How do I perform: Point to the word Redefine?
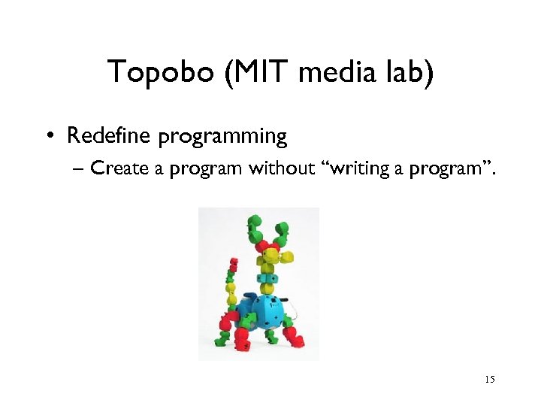coord(108,136)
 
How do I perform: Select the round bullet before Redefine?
coord(49,138)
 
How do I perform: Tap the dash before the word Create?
coord(80,169)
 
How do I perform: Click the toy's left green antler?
coord(253,226)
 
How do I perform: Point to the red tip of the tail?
coord(233,263)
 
